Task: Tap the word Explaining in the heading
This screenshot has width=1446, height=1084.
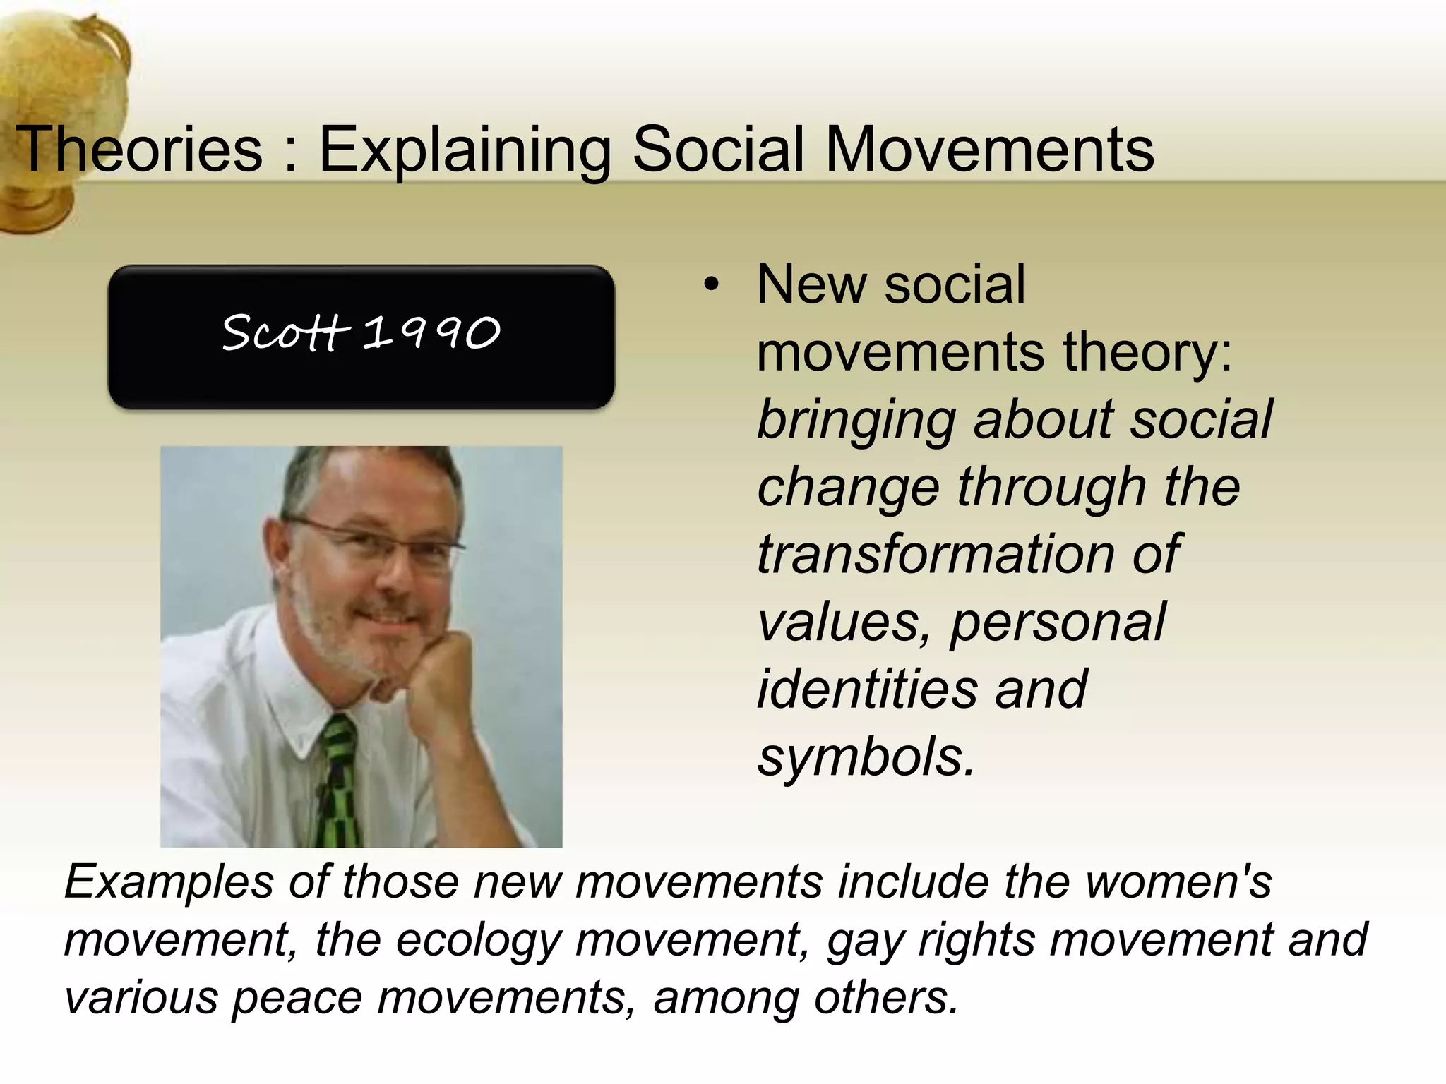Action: point(465,151)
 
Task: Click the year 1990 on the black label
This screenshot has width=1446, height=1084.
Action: point(431,332)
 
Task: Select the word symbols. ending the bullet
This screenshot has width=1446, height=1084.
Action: point(866,756)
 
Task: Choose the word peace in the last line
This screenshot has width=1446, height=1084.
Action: point(297,998)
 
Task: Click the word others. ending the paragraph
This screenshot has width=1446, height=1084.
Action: point(886,998)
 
